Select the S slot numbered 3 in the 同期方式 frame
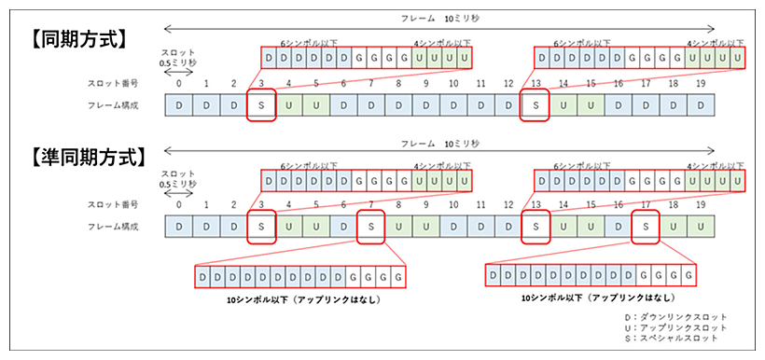262,105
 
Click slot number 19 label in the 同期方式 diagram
701,85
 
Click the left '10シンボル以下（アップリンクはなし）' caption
306,300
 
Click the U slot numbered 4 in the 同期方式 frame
289,105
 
